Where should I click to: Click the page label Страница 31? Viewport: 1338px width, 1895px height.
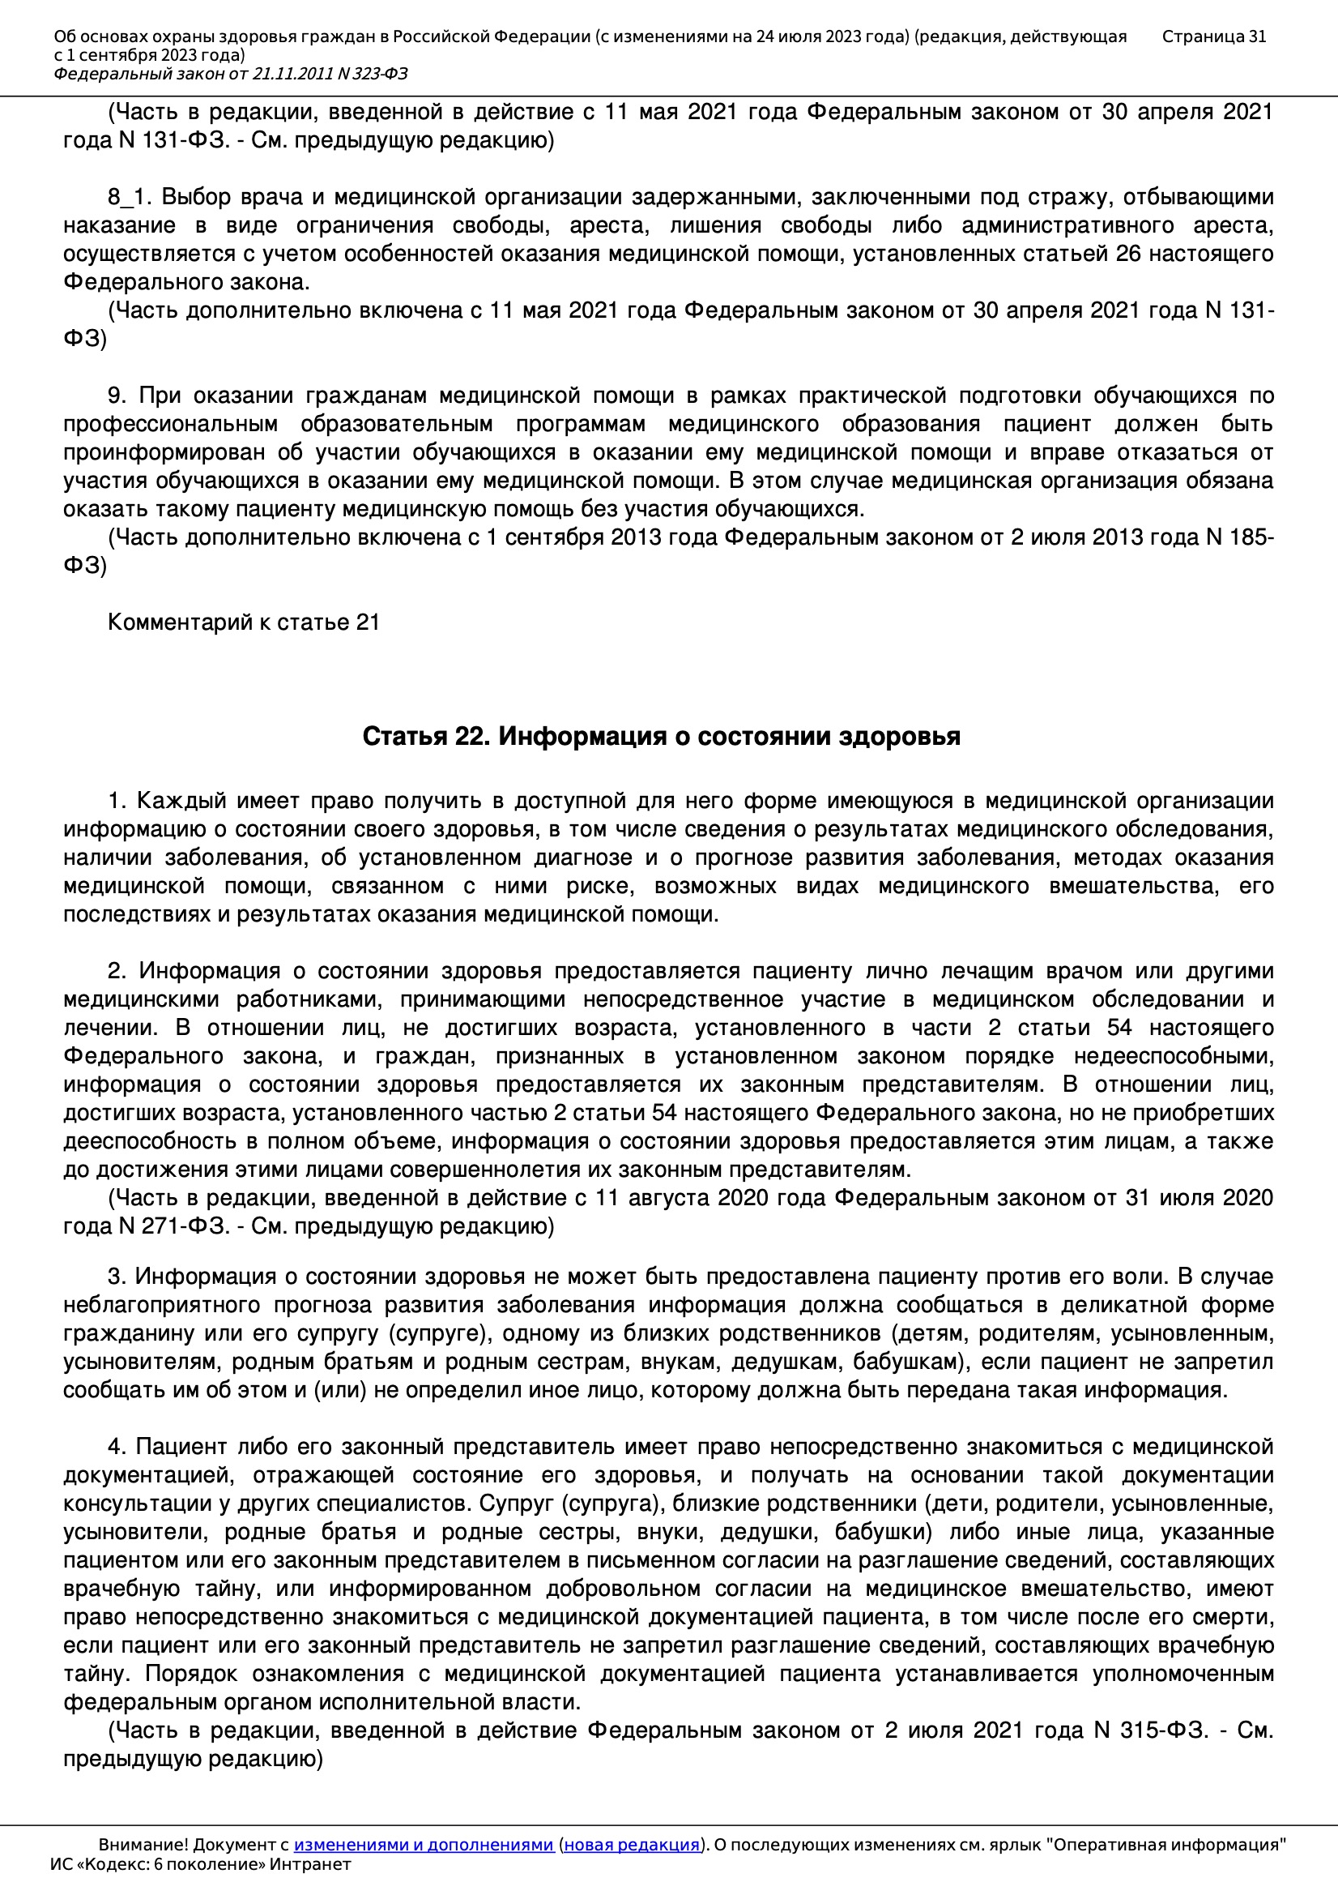[1213, 36]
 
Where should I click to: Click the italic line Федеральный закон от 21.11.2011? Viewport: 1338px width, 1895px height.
[230, 75]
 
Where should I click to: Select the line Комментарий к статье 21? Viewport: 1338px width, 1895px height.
[243, 622]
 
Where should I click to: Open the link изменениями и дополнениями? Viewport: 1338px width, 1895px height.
[423, 1845]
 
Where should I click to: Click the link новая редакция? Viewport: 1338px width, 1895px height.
[631, 1845]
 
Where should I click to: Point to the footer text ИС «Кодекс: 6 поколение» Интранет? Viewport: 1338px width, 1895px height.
[200, 1864]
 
